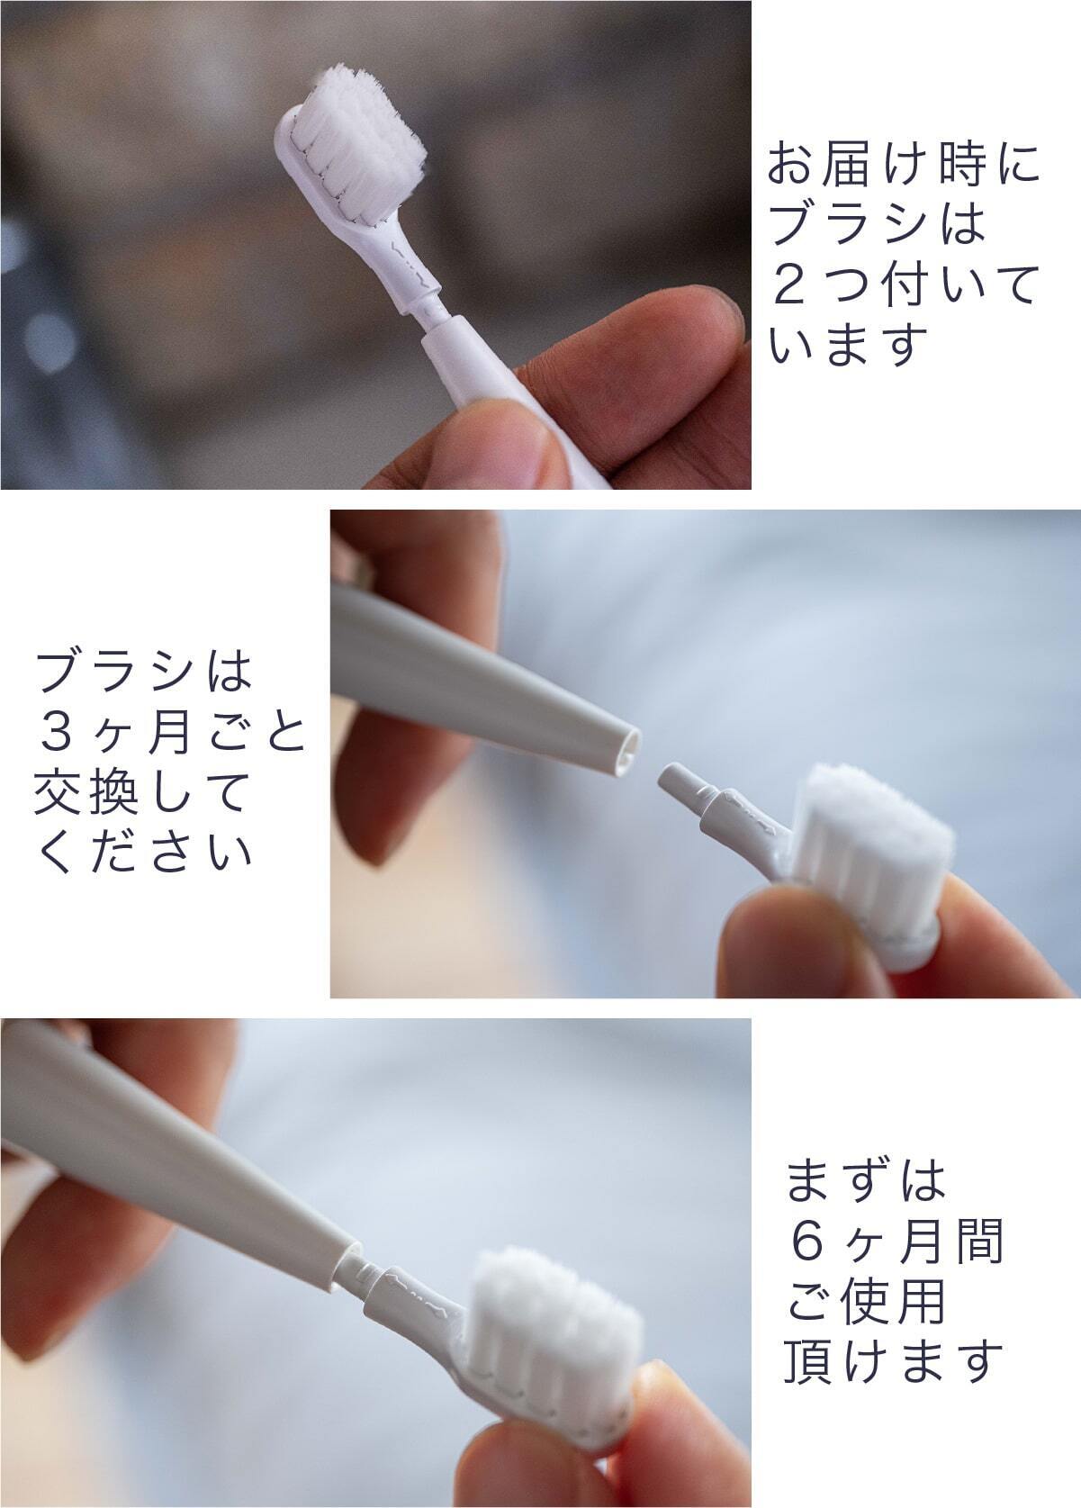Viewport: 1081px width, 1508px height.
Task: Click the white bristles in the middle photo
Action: [x=875, y=835]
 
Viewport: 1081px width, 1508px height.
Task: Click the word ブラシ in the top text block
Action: [x=848, y=223]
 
